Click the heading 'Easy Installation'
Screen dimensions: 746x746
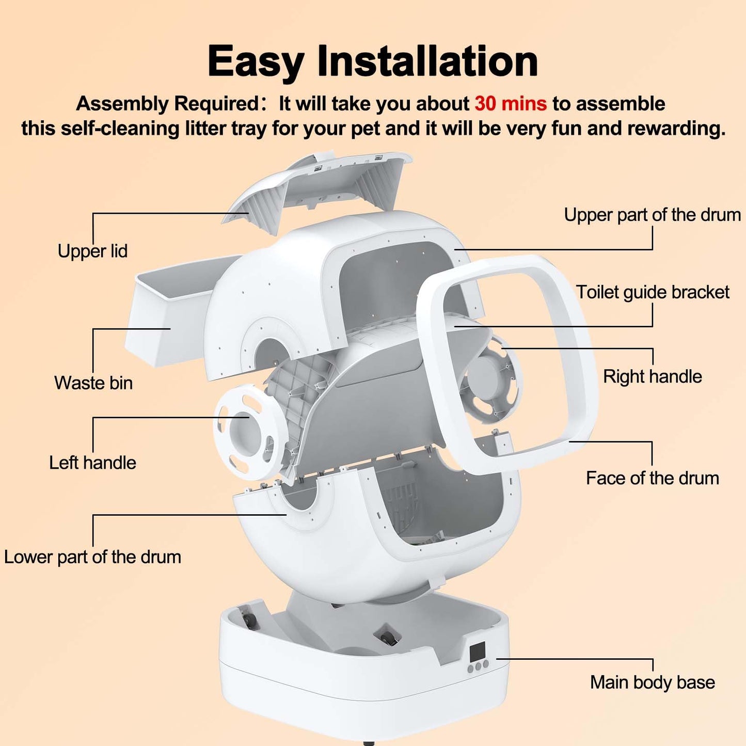pyautogui.click(x=373, y=61)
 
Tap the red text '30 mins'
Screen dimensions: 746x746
pyautogui.click(x=510, y=104)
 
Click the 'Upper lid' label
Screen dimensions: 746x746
pyautogui.click(x=92, y=251)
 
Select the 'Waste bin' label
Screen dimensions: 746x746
pyautogui.click(x=93, y=383)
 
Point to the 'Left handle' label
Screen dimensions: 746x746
pyautogui.click(x=92, y=463)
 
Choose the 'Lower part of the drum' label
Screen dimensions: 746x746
pyautogui.click(x=92, y=557)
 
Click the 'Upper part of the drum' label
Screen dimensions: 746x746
pyautogui.click(x=652, y=215)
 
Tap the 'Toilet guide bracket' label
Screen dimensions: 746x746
pyautogui.click(x=652, y=292)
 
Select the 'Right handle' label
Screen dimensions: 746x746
pyautogui.click(x=652, y=376)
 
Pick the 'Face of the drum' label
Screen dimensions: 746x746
pyautogui.click(x=652, y=478)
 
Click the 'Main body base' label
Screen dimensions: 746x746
pyautogui.click(x=652, y=682)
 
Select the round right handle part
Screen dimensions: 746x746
pyautogui.click(x=490, y=382)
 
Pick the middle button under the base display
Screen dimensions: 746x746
pyautogui.click(x=478, y=666)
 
